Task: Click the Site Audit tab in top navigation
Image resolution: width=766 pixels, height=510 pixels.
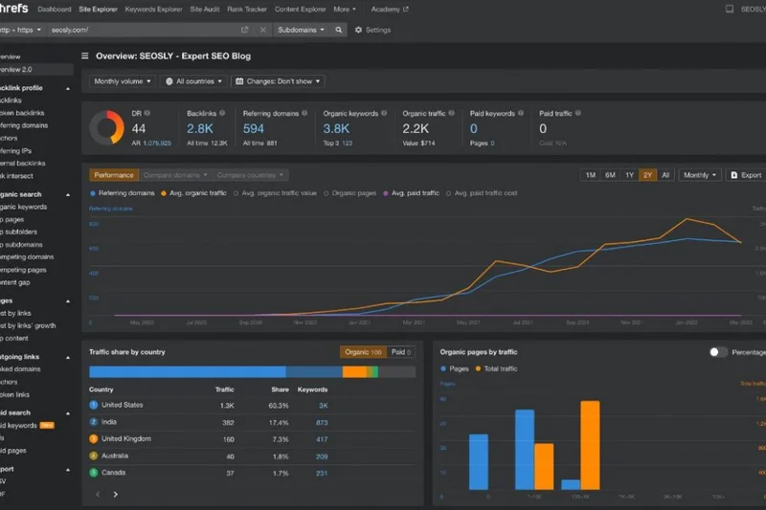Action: [204, 9]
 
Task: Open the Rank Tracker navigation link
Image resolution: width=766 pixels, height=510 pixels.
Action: [247, 9]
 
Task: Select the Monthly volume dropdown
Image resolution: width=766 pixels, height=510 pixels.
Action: [122, 81]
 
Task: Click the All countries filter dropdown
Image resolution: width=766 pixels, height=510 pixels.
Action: [192, 81]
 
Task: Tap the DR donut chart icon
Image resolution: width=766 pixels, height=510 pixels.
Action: [106, 128]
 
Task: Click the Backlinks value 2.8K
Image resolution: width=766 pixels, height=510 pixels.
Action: [200, 128]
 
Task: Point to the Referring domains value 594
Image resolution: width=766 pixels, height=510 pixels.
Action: [254, 128]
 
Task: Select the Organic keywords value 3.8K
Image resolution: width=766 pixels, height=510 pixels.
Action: [337, 128]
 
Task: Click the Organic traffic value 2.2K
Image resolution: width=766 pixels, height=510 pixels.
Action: [417, 128]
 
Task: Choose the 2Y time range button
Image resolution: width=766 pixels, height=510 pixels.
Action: [647, 175]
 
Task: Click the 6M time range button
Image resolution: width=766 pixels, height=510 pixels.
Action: [610, 175]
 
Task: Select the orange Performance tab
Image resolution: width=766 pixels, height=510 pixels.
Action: [113, 175]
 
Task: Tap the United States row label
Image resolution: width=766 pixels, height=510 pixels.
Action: [122, 405]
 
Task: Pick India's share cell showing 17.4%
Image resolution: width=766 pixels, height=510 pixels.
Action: [279, 422]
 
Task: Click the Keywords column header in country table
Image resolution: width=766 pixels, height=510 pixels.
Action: [312, 389]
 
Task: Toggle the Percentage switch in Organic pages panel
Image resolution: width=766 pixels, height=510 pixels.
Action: [718, 352]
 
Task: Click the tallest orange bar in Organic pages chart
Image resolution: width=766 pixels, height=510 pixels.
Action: [590, 445]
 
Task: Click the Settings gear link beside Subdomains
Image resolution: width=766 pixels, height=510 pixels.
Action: [372, 30]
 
